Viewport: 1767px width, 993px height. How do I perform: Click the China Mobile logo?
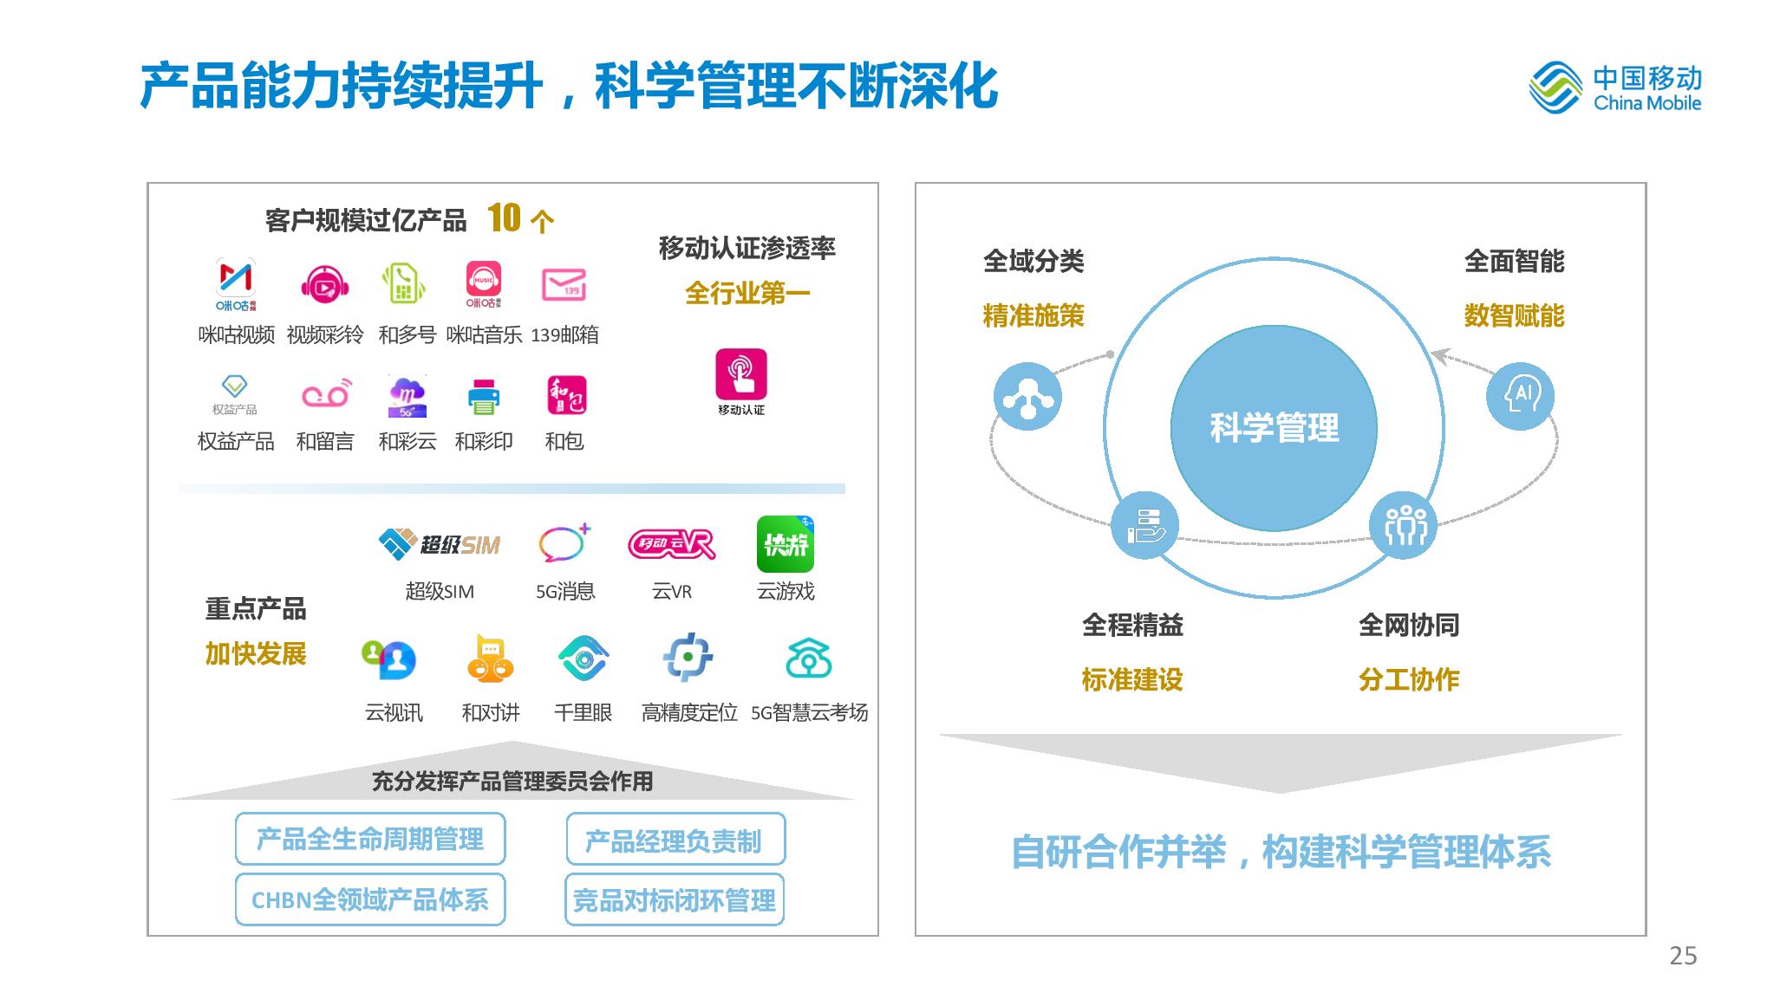(x=1615, y=88)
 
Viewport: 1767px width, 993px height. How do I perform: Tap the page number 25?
(x=1683, y=956)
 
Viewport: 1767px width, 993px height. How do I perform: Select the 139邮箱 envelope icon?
(x=564, y=284)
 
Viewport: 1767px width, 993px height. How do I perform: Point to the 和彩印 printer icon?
(x=484, y=397)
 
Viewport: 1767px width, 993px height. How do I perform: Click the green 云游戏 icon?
(x=786, y=544)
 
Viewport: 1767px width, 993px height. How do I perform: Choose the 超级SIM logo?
(x=440, y=544)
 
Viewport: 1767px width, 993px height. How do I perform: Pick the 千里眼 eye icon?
(x=584, y=659)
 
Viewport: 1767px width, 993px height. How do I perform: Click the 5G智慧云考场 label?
(x=809, y=713)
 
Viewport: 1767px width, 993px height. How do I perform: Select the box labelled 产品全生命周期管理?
(x=370, y=839)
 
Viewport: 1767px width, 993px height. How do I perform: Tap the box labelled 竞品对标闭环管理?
(x=675, y=900)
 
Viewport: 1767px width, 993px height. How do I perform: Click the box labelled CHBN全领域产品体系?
(x=370, y=900)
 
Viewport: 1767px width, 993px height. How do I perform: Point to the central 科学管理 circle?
(x=1274, y=428)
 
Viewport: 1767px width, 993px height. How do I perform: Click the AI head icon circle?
(x=1520, y=396)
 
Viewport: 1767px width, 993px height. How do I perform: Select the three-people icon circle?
(x=1403, y=525)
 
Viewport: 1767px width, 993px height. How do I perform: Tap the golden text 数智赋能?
(x=1514, y=315)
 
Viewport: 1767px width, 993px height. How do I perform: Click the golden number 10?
(x=504, y=217)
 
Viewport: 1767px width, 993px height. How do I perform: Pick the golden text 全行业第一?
(x=747, y=293)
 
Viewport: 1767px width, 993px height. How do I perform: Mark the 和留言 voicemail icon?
(x=325, y=394)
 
